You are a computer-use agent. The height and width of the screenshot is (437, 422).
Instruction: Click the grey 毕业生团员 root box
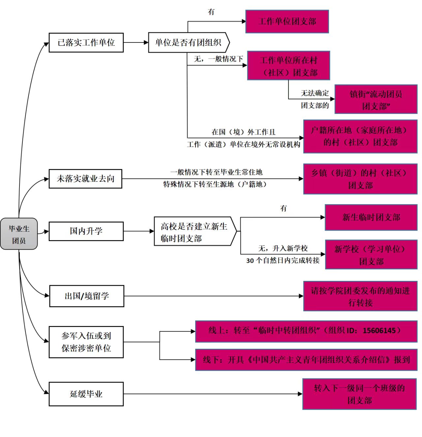click(x=19, y=234)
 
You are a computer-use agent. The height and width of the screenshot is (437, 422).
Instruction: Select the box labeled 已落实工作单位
click(x=86, y=42)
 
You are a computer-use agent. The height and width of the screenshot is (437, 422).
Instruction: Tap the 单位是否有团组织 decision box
click(x=188, y=42)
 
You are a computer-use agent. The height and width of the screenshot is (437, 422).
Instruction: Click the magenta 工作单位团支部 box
click(x=287, y=22)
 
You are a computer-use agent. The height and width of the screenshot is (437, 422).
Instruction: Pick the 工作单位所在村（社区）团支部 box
click(x=288, y=66)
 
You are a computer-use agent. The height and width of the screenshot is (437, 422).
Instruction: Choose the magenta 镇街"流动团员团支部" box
click(x=376, y=99)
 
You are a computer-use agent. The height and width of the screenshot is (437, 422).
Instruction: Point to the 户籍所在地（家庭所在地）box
click(x=360, y=136)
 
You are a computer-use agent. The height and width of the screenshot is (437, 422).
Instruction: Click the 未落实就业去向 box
click(x=85, y=179)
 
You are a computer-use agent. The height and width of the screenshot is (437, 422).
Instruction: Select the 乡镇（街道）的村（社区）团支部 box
click(x=360, y=179)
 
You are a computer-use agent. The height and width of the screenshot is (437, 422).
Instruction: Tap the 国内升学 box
click(x=86, y=231)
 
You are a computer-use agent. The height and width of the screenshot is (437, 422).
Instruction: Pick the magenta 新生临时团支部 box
click(x=371, y=217)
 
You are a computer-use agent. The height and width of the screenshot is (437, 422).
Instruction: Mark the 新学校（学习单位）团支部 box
click(x=371, y=255)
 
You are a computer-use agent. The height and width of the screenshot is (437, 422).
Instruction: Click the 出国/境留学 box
click(x=87, y=296)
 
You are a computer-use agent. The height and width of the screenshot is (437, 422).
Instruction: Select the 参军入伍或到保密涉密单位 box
click(x=86, y=342)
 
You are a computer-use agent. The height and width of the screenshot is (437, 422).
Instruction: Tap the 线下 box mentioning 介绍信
click(x=306, y=360)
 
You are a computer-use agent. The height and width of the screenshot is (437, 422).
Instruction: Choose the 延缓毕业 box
click(x=86, y=394)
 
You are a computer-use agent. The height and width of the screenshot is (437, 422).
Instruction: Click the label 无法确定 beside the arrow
click(x=315, y=93)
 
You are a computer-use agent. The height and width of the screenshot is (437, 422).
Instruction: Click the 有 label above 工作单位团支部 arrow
click(x=211, y=12)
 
